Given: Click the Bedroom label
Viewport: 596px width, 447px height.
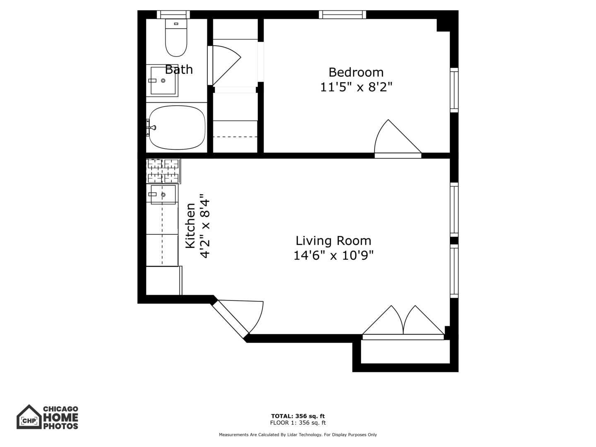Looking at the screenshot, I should [356, 72].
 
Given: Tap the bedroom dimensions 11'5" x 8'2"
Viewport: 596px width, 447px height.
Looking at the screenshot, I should [356, 87].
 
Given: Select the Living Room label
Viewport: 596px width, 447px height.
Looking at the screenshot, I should [333, 240].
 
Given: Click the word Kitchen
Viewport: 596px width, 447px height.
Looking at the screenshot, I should [190, 226].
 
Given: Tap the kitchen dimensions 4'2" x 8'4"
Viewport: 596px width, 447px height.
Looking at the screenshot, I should [205, 226].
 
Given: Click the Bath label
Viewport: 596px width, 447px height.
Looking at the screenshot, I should [179, 69].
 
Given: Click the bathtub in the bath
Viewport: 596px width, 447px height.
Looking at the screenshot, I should [177, 127].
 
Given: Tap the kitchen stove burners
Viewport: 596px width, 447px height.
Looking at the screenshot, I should [163, 171].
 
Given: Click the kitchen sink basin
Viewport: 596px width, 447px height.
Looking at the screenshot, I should [163, 195].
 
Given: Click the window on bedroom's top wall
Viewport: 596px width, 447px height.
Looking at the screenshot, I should [342, 14].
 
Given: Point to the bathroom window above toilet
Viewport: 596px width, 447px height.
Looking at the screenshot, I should [173, 14].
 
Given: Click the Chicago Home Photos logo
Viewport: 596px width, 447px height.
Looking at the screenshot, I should [47, 417].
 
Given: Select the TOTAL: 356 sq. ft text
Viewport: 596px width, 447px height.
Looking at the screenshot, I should [298, 416].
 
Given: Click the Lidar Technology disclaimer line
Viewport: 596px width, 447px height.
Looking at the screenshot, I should [298, 435].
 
